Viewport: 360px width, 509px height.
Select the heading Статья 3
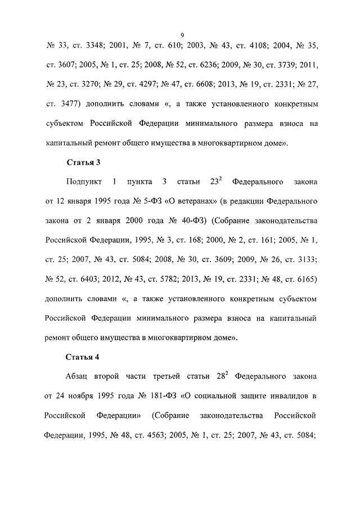click(83, 163)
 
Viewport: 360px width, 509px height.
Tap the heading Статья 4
click(83, 357)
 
